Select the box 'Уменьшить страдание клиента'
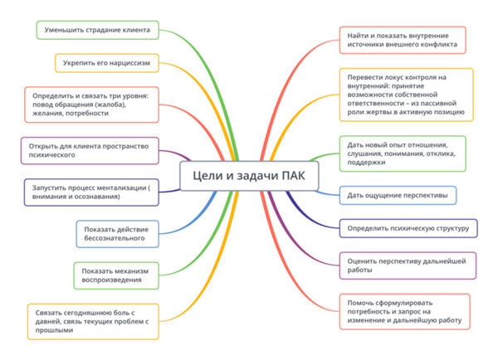pos(97,31)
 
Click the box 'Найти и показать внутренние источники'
pos(402,40)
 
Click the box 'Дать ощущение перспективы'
pos(398,196)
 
